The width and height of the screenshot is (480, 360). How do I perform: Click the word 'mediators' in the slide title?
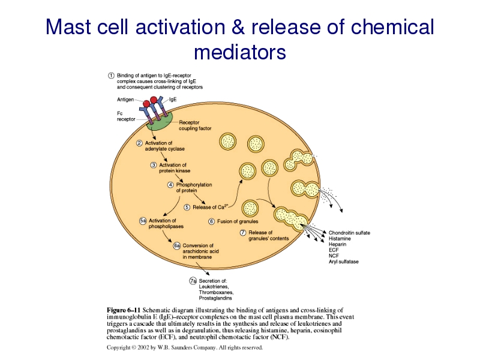[239, 53]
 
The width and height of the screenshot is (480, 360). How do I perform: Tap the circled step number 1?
[111, 75]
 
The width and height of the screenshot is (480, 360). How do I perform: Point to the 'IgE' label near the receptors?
[173, 100]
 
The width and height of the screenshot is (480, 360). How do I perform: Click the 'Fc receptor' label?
[125, 116]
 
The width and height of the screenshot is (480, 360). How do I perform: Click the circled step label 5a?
[143, 221]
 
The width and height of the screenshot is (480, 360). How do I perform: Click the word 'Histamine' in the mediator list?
[340, 238]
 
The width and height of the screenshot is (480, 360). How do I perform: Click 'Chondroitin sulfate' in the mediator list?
[349, 232]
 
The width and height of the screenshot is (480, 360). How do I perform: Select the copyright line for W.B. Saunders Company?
[184, 347]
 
